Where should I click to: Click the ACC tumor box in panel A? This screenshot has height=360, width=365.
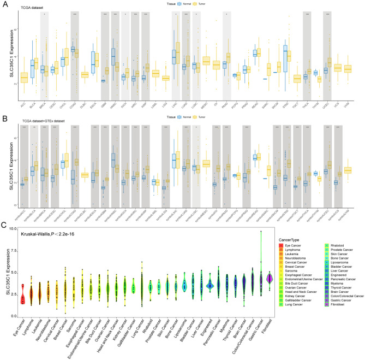click(x=24, y=78)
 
